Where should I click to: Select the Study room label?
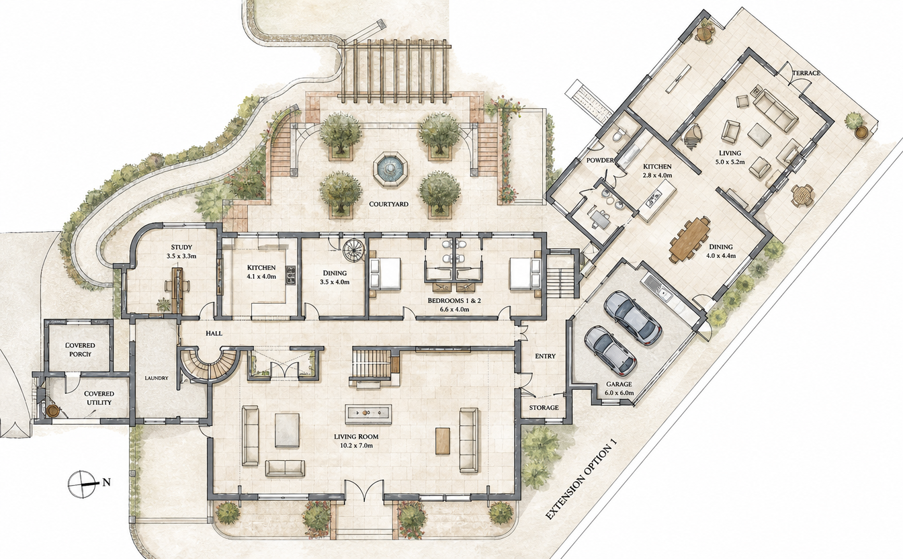(x=181, y=251)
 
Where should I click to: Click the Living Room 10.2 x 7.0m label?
(x=356, y=441)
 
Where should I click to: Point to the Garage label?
(x=619, y=388)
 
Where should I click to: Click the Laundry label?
(x=156, y=378)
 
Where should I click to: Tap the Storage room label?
(x=544, y=407)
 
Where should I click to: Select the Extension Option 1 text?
(x=582, y=478)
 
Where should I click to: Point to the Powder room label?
(x=600, y=160)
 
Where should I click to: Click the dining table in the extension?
(x=690, y=239)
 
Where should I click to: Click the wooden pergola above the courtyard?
(x=394, y=71)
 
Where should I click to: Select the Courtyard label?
(x=388, y=204)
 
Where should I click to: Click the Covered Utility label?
(x=99, y=398)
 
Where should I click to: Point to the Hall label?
(x=214, y=333)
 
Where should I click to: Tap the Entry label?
(x=545, y=356)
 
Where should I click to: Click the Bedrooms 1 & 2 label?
(x=454, y=304)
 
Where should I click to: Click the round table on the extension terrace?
(x=802, y=195)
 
